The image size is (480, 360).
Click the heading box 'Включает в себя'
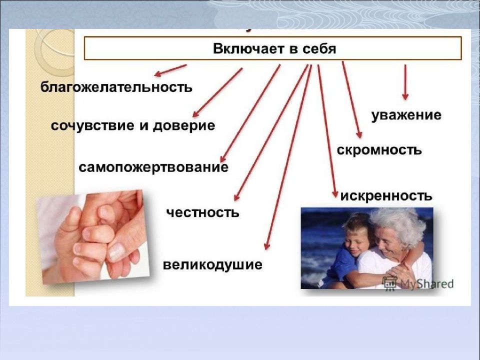point(273,48)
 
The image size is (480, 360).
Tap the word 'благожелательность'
point(116,87)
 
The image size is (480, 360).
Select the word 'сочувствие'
point(93,126)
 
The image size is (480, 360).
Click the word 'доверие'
point(183,126)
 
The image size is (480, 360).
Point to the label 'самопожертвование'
point(153,167)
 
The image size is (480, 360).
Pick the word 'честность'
point(202,212)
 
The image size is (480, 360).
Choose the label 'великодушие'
point(212,265)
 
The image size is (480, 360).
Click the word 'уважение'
point(406,115)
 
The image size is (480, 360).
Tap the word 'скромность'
point(379,150)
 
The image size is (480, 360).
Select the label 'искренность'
point(386,195)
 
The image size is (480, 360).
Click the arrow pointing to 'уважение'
point(405,82)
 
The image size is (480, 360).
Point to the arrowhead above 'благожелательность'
point(158,73)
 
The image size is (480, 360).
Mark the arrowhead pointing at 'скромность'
point(359,134)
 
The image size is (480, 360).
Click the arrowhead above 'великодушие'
point(267,246)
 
